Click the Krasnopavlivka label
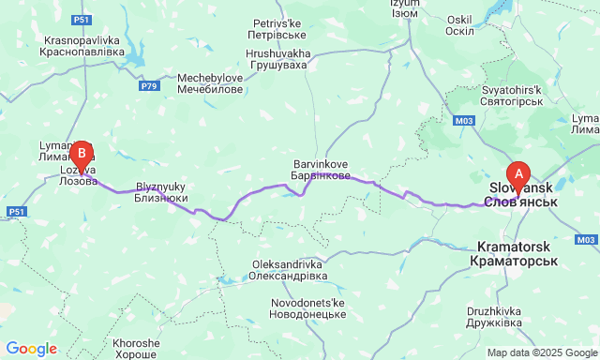point(83,46)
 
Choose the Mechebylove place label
point(210,83)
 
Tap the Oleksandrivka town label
point(289,270)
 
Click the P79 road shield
point(149,86)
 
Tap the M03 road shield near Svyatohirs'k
point(463,121)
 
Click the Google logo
point(30,349)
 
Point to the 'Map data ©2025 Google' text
point(541,352)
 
